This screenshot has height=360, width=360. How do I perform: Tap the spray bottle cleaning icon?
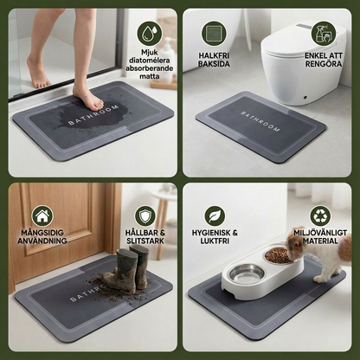(x=324, y=34)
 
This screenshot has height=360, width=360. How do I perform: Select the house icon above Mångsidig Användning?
(x=42, y=215)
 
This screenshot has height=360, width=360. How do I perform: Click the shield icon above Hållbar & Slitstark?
(x=145, y=215)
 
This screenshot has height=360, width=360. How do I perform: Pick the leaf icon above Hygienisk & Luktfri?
(x=215, y=215)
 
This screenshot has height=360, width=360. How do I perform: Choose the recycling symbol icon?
(x=320, y=215)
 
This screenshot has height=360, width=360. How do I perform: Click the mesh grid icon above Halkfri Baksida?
(x=214, y=33)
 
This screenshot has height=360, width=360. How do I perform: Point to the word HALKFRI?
(x=214, y=55)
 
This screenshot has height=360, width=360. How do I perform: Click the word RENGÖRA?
(x=324, y=64)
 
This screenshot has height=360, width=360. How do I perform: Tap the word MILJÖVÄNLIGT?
(x=320, y=233)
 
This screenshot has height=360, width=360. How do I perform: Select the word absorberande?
(x=150, y=68)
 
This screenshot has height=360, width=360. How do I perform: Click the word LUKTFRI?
(x=215, y=241)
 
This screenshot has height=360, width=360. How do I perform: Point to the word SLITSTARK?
(x=145, y=241)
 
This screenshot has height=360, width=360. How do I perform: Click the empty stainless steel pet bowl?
(x=246, y=274)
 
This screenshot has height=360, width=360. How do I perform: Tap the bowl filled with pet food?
(x=278, y=255)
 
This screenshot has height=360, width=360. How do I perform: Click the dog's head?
(x=295, y=241)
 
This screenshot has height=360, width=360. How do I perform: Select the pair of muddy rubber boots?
(x=125, y=269)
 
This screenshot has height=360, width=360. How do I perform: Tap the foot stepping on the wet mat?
(x=88, y=98)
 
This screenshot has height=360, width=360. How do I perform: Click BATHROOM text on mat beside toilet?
(x=260, y=121)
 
